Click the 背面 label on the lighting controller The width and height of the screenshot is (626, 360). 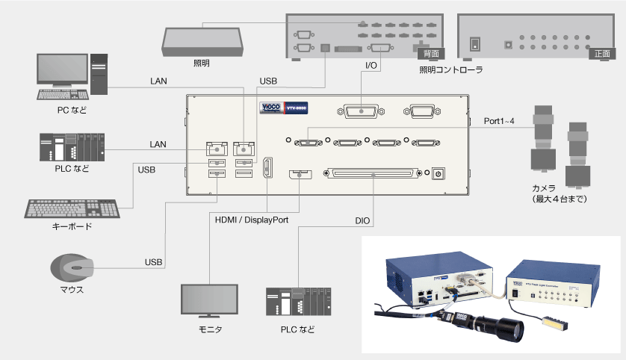tap(430, 54)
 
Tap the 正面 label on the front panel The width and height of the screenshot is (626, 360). tap(602, 54)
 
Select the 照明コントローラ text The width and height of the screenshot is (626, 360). tap(450, 70)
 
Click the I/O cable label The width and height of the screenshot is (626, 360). tap(371, 66)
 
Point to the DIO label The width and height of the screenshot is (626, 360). tap(363, 221)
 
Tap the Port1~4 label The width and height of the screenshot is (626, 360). tap(500, 121)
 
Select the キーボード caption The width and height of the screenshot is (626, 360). tap(73, 226)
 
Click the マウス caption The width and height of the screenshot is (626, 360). tap(72, 290)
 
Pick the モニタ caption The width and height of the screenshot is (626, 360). tap(210, 329)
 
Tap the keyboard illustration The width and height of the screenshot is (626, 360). tap(72, 208)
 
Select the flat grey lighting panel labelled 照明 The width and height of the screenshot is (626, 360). tap(202, 40)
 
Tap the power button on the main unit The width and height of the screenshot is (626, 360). tap(438, 173)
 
